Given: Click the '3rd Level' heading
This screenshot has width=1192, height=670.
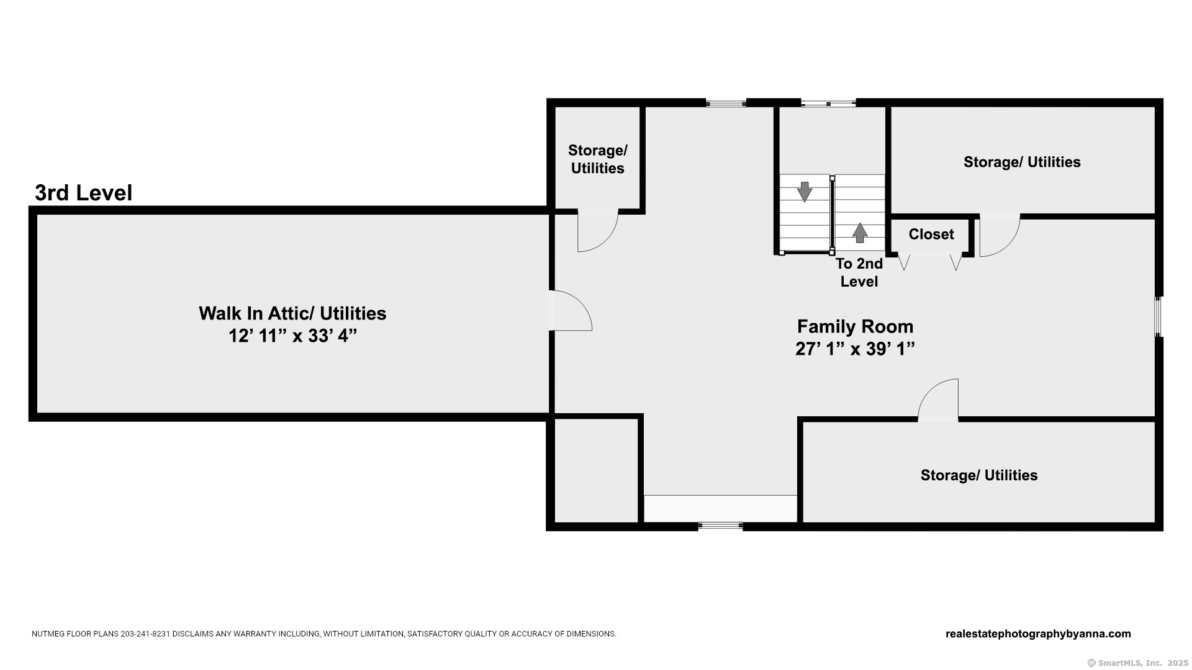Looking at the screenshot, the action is click(x=83, y=193).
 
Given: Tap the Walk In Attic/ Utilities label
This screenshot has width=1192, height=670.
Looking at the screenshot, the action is click(x=292, y=313).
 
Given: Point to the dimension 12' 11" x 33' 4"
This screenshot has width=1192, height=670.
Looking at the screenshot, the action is click(x=293, y=336).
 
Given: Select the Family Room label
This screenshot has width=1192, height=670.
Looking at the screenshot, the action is click(x=855, y=326).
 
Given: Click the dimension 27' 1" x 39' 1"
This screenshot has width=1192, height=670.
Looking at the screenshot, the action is click(x=855, y=349).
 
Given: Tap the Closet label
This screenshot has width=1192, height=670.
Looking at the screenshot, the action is click(x=931, y=234).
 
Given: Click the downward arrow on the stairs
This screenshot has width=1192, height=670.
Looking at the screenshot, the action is click(x=805, y=192).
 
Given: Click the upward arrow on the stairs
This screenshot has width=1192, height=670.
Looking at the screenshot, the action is click(x=860, y=233).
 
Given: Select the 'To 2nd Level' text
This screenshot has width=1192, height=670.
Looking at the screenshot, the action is click(x=859, y=272).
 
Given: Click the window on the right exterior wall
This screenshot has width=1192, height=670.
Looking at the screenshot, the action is click(x=1158, y=317).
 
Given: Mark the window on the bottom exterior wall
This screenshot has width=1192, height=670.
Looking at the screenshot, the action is click(x=720, y=526).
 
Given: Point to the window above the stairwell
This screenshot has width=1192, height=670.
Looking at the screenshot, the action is click(x=828, y=103).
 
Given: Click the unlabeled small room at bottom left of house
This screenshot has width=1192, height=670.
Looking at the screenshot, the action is click(x=596, y=470).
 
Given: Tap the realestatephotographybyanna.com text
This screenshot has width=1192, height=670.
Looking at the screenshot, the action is click(x=1038, y=634).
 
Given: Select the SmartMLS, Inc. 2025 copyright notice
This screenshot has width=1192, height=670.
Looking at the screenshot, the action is click(x=1138, y=663).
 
